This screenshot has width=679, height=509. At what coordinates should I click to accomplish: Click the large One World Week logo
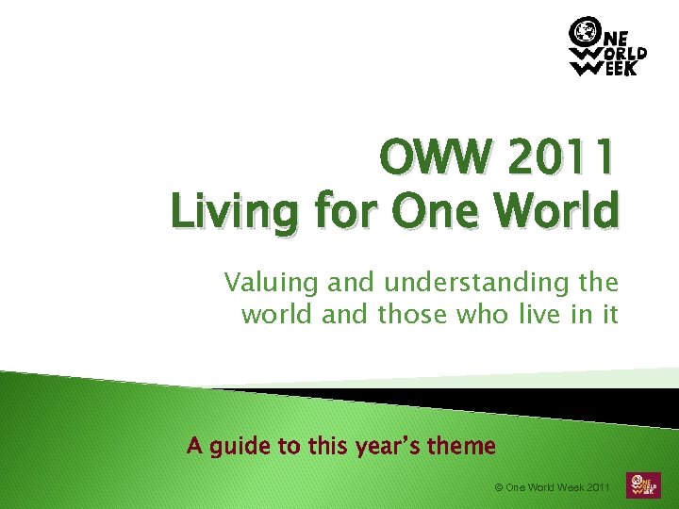pos(608,47)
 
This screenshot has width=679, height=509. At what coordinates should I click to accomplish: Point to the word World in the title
pos(563,209)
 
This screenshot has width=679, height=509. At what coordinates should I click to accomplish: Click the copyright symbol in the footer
pos(499,487)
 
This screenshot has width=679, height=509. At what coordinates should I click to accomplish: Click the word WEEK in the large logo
pos(618,68)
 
